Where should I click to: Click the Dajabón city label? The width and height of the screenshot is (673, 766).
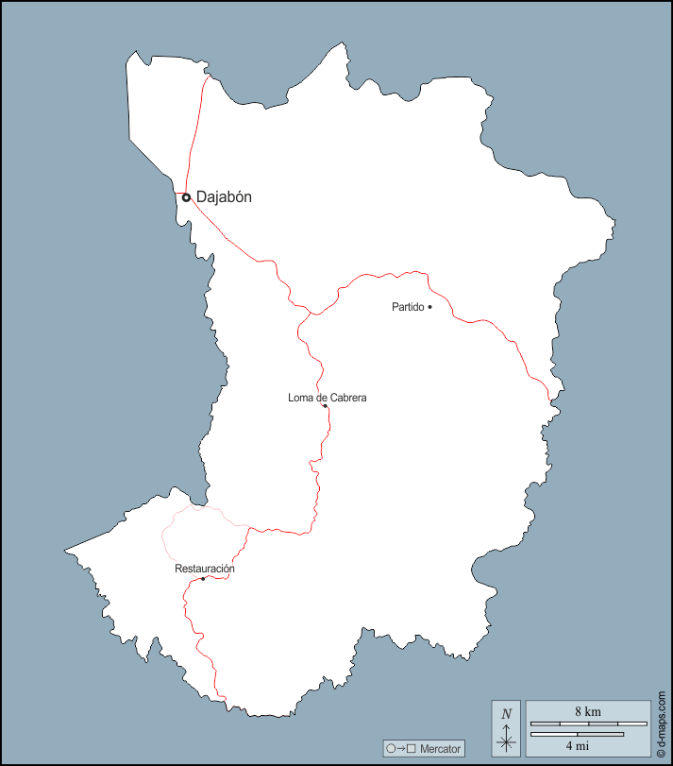click(x=224, y=197)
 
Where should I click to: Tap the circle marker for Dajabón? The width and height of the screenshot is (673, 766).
click(x=187, y=197)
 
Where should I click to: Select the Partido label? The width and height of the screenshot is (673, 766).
click(x=407, y=307)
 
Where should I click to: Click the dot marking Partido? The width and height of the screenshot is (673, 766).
click(x=429, y=307)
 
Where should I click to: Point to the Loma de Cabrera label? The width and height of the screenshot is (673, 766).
click(x=327, y=398)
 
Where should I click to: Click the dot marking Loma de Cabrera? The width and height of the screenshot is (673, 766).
click(x=325, y=406)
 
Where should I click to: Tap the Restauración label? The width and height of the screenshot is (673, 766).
click(x=205, y=569)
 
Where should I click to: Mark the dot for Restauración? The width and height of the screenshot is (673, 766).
click(x=203, y=578)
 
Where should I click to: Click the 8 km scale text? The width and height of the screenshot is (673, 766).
click(x=586, y=711)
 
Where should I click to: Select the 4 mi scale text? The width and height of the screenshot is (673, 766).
click(x=577, y=745)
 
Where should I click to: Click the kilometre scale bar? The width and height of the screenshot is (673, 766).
click(x=588, y=723)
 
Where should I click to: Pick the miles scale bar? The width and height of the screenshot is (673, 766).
click(x=577, y=734)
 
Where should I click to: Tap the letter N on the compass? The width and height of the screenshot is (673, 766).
click(x=507, y=713)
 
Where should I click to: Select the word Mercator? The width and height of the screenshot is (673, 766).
click(x=441, y=749)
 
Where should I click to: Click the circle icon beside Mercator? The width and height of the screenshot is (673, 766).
click(x=391, y=749)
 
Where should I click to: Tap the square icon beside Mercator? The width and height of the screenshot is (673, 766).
click(x=411, y=749)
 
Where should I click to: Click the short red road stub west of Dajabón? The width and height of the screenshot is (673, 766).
click(x=178, y=194)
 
